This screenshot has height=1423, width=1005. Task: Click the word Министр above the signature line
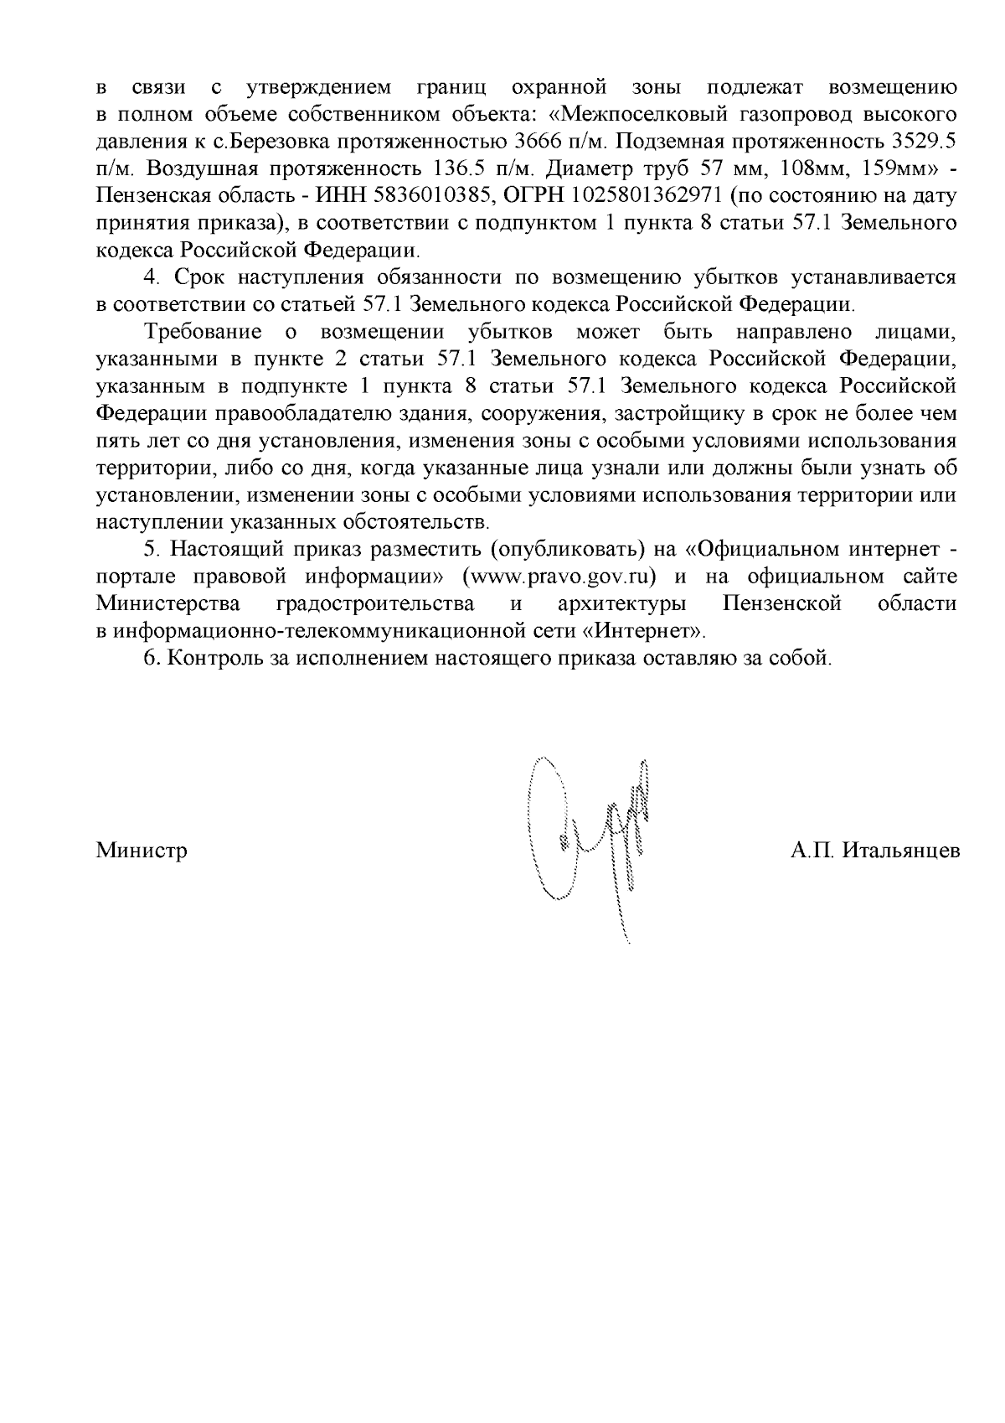(x=141, y=851)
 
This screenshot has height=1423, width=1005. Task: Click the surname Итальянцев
(x=900, y=851)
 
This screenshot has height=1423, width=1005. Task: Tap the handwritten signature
(x=590, y=838)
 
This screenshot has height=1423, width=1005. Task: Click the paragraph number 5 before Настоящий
(x=151, y=550)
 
